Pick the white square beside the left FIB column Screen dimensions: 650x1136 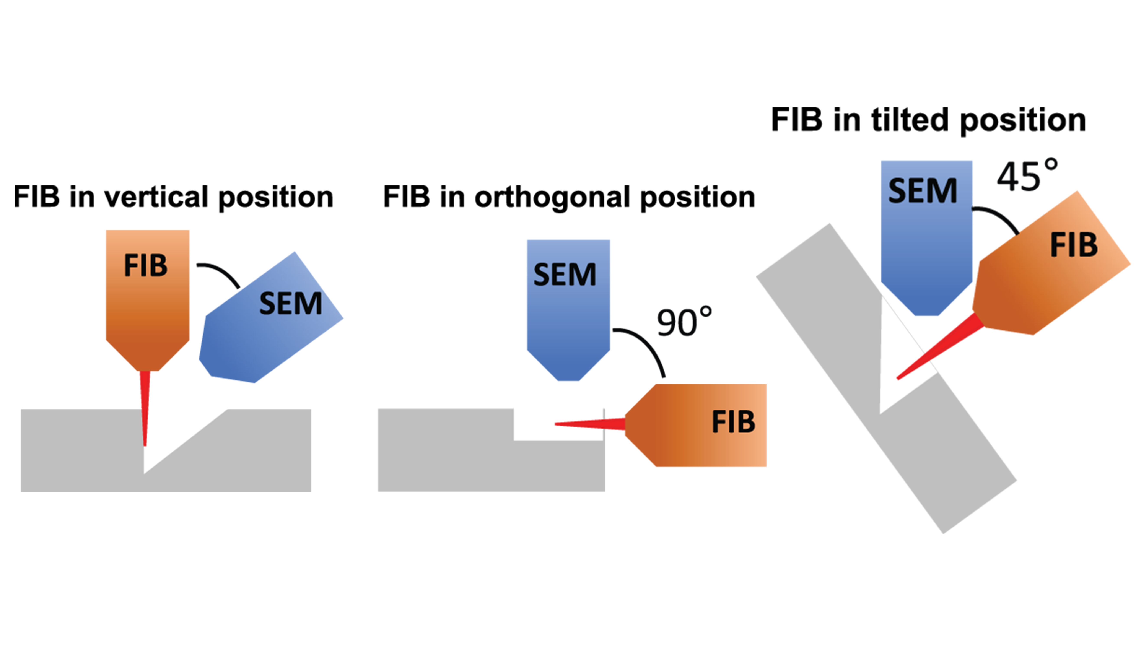click(54, 301)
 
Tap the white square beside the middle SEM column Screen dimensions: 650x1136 click(453, 301)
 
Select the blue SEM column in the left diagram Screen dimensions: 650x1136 click(268, 348)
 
